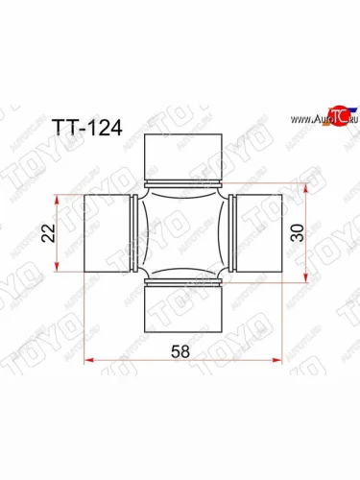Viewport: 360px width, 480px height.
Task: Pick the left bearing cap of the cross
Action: pos(105,233)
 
